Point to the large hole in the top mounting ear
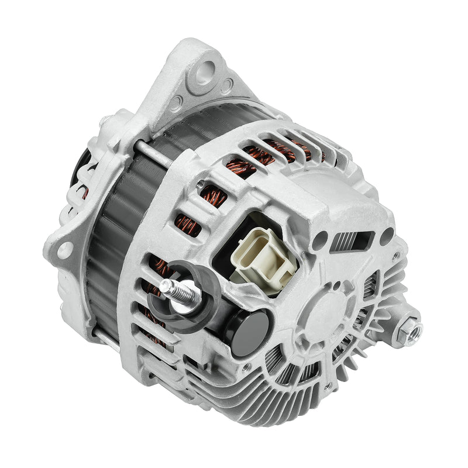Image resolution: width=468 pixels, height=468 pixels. pos(204,74)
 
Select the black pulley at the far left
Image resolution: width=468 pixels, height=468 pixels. pos(79,170)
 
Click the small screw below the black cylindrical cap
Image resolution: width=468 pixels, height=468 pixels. pos(246,368)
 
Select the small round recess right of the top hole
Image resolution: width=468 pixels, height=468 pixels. pos(226,87)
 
